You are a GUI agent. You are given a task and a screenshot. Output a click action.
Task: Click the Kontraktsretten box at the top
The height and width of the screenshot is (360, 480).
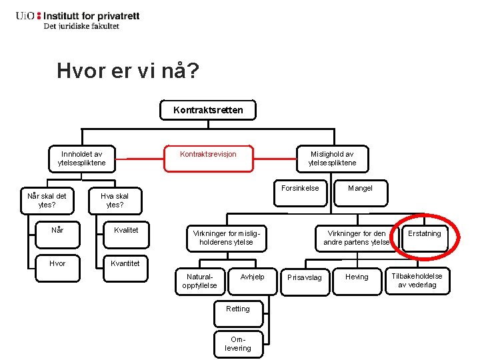point(208,110)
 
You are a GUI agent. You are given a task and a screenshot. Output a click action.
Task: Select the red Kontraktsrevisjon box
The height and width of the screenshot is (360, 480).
point(208,155)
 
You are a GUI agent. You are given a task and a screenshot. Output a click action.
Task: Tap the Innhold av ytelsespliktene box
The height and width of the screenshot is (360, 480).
point(82,158)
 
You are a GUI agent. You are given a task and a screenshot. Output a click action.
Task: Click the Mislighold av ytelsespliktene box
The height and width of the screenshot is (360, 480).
point(332,158)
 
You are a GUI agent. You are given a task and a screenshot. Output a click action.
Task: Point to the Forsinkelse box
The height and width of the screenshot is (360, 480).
point(300,189)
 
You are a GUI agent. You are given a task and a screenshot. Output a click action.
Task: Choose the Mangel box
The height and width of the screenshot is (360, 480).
point(360,189)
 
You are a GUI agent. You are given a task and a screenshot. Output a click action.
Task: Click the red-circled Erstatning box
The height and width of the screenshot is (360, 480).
point(425,234)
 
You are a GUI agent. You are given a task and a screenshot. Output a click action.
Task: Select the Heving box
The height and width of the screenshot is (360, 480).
point(357,277)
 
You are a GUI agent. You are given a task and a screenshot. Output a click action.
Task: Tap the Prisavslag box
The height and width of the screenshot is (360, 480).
point(304,277)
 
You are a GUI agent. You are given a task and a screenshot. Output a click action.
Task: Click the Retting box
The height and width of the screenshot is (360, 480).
point(238,309)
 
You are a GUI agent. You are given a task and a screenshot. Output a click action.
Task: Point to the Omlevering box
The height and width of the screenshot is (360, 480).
point(238,343)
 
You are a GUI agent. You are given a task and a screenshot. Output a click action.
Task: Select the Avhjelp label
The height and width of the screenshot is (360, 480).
point(252,277)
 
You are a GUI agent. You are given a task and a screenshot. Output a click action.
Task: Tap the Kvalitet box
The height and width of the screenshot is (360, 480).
point(126,230)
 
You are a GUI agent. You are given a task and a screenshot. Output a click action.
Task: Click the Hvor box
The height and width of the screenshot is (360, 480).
point(58,263)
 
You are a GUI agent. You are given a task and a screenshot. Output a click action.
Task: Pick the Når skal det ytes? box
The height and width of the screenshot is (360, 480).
point(47,200)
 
